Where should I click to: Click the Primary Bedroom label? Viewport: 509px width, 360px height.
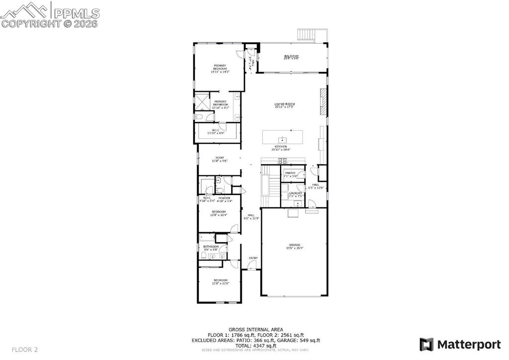(220, 69)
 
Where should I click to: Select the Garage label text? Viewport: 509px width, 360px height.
(295, 246)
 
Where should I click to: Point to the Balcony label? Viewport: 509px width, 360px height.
(291, 57)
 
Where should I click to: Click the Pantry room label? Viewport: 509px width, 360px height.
(290, 174)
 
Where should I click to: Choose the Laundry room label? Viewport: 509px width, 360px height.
(296, 194)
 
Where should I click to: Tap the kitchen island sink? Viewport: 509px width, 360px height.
(282, 138)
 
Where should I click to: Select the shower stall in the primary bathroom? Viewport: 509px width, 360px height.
(202, 102)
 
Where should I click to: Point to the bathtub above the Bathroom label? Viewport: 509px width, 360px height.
(207, 238)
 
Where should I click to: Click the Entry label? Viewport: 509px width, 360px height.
(253, 257)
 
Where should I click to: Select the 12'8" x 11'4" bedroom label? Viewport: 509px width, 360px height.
(219, 214)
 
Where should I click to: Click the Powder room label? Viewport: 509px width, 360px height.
(224, 199)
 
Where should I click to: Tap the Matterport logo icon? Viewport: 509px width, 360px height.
(426, 344)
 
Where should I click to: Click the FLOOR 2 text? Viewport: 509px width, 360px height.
(25, 350)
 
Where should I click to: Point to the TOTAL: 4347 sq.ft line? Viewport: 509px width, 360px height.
(256, 346)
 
